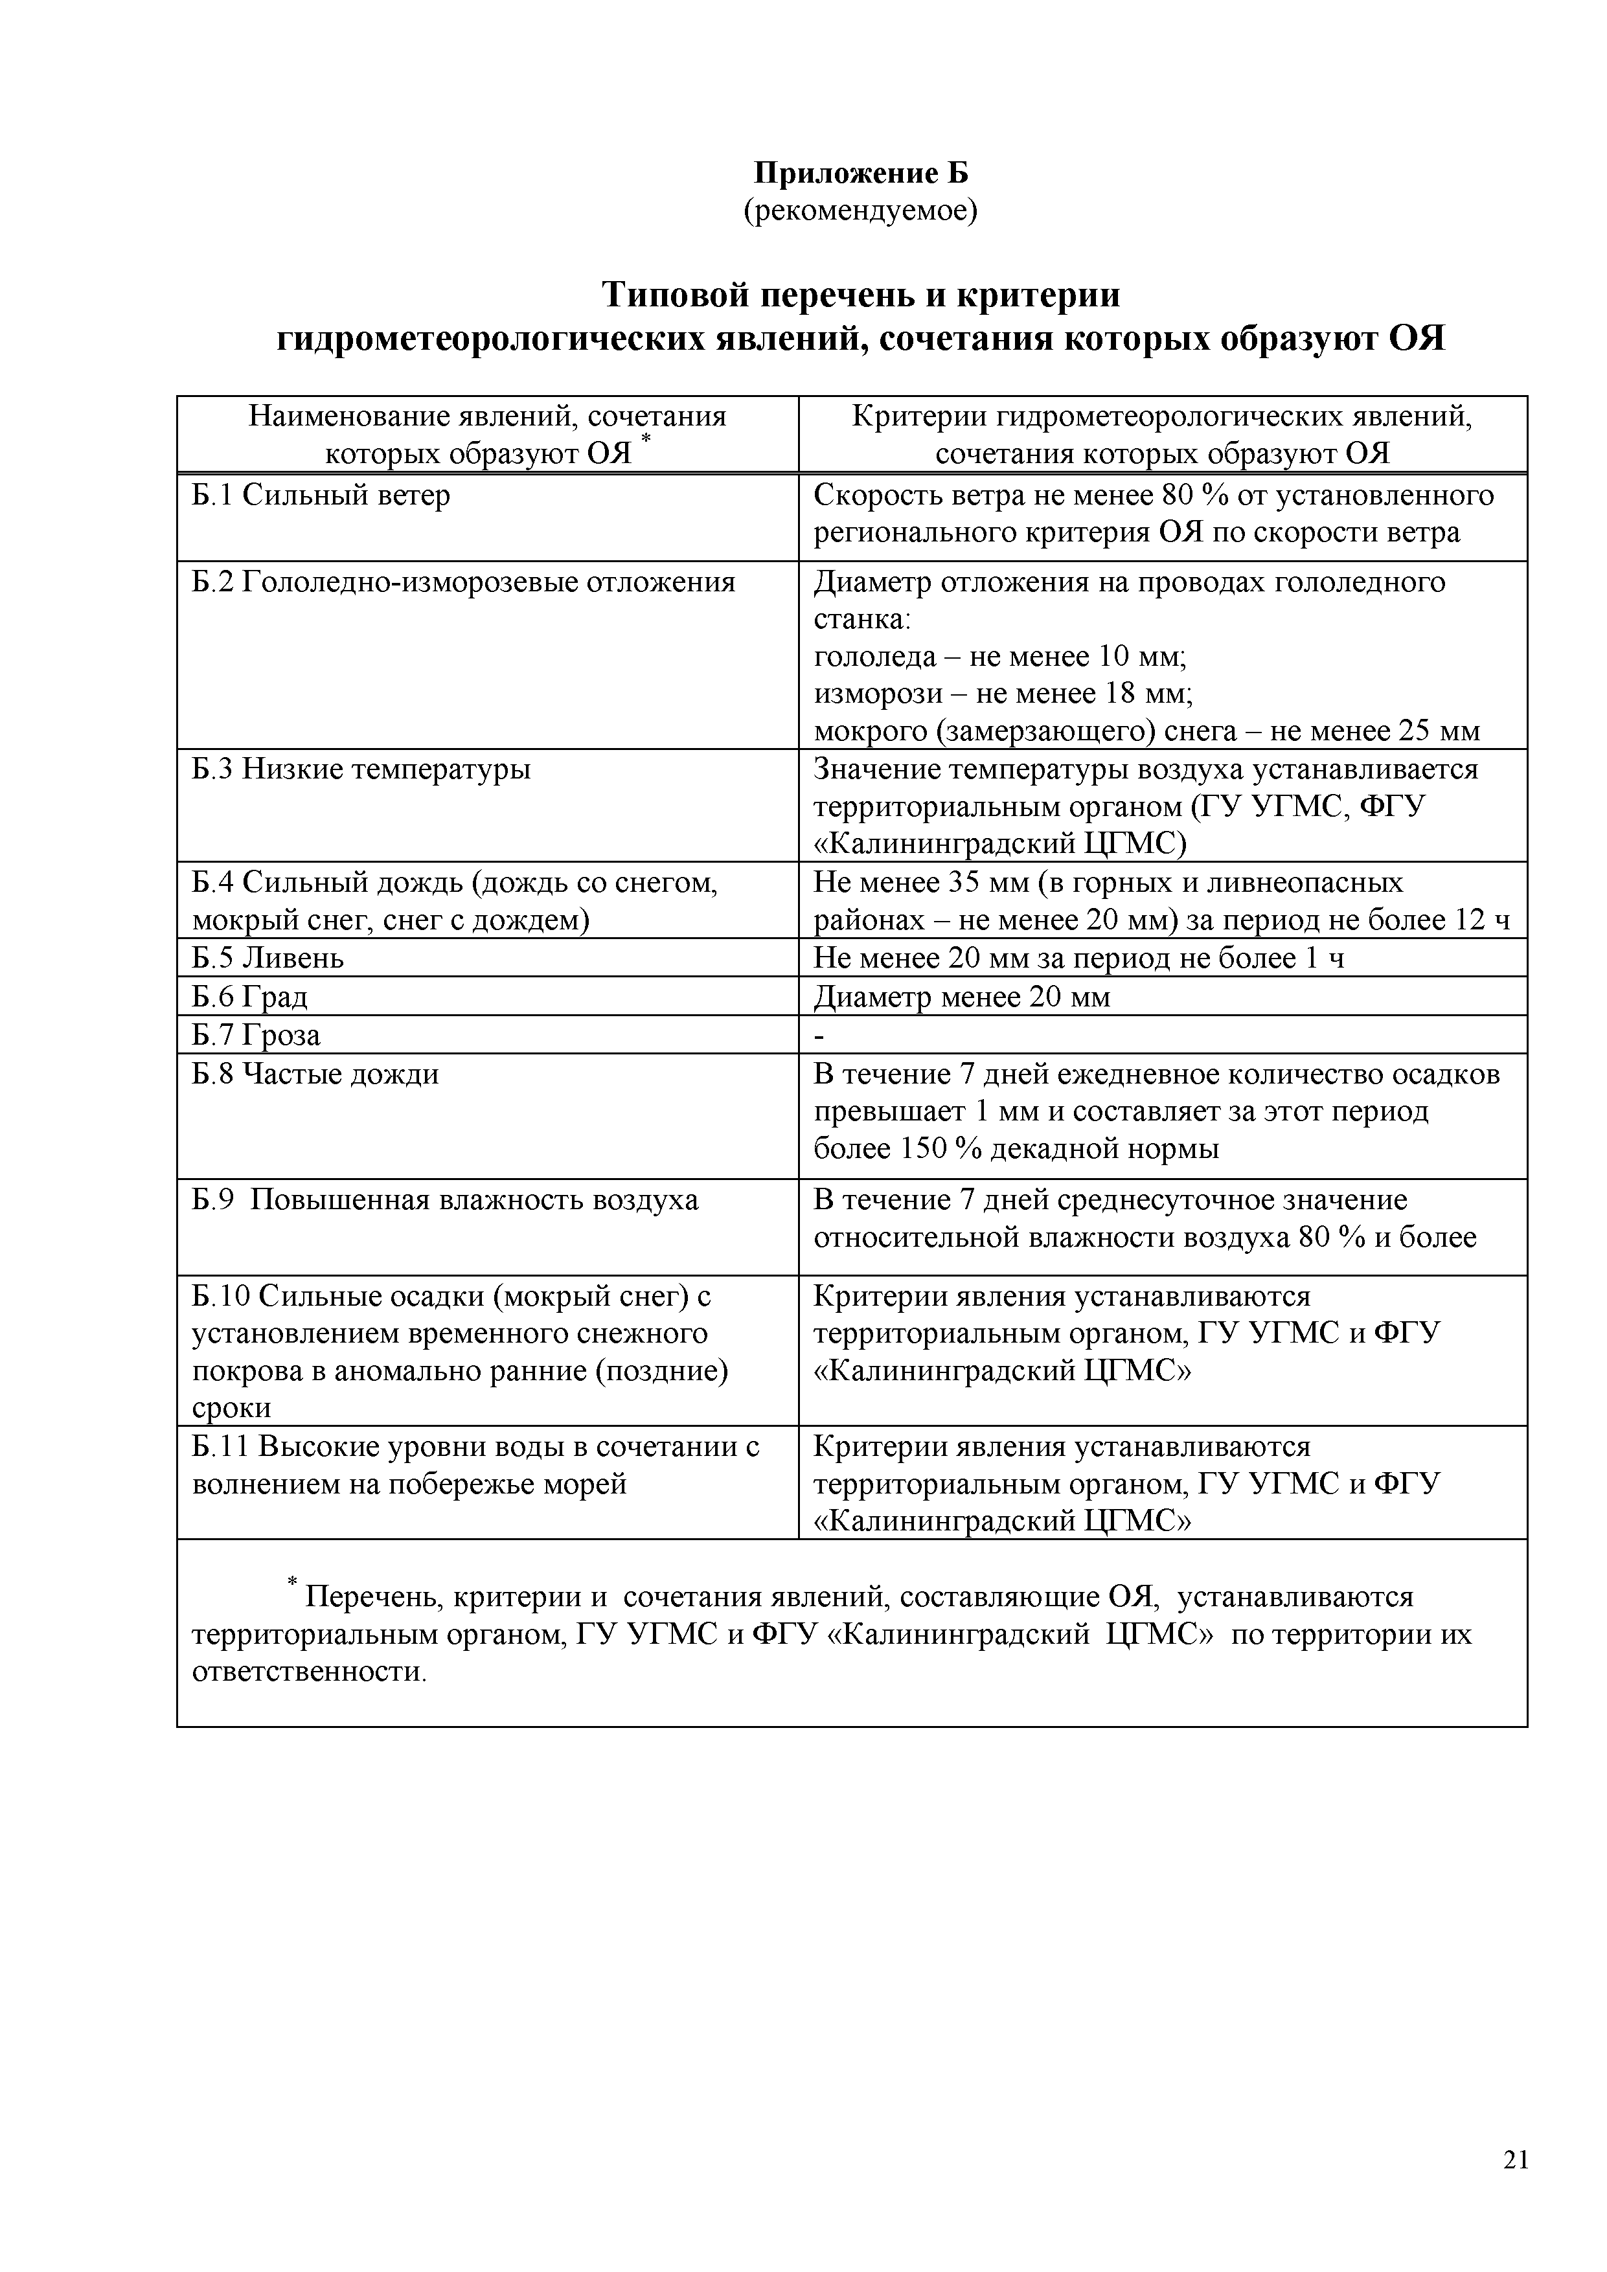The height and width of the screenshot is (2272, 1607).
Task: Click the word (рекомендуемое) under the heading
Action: [x=860, y=210]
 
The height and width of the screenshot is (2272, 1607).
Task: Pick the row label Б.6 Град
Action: [x=249, y=997]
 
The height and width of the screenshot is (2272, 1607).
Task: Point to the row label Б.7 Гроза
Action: [x=255, y=1035]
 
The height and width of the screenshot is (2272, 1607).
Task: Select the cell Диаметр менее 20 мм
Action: [x=962, y=997]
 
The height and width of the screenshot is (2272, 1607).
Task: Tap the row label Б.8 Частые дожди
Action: [x=315, y=1074]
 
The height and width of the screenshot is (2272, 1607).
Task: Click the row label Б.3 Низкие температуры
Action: [x=361, y=769]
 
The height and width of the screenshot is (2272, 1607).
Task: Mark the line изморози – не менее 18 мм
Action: [x=1003, y=694]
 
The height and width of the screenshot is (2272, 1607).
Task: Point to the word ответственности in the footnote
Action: [x=309, y=1672]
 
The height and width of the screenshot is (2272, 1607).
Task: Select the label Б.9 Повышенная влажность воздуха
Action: [x=445, y=1200]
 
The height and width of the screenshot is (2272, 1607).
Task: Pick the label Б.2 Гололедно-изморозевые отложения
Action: [x=463, y=582]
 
